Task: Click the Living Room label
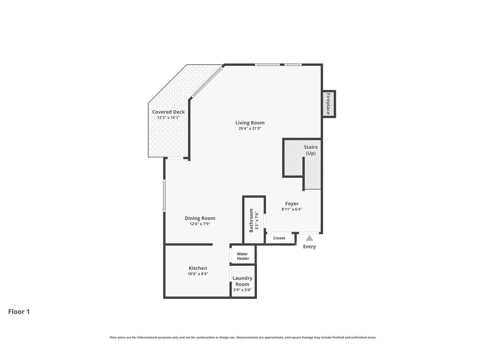(x=250, y=122)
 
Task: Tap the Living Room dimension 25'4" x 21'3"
(x=250, y=129)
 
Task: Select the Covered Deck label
(x=168, y=112)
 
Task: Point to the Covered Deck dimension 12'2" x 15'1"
(x=168, y=118)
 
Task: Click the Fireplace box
(x=328, y=104)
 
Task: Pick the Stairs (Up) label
(x=311, y=150)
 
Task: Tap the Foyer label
(x=292, y=204)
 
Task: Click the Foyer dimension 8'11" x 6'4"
(x=292, y=209)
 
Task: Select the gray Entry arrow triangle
(x=309, y=238)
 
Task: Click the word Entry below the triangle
(x=309, y=247)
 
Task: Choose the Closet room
(x=279, y=238)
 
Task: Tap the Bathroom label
(x=251, y=220)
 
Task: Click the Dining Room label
(x=200, y=218)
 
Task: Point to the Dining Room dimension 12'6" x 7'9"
(x=200, y=224)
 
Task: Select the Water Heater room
(x=243, y=256)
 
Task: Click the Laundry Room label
(x=242, y=281)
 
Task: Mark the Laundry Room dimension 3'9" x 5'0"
(x=242, y=290)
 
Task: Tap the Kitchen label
(x=198, y=268)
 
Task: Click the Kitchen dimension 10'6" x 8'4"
(x=198, y=274)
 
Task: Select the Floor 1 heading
(x=19, y=312)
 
